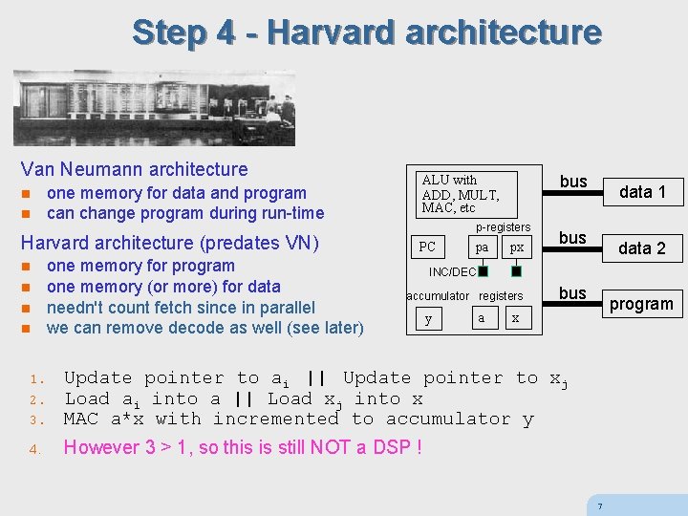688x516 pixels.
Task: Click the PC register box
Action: pyautogui.click(x=427, y=247)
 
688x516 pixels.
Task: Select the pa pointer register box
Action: pyautogui.click(x=483, y=247)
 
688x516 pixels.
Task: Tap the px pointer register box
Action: pyautogui.click(x=516, y=247)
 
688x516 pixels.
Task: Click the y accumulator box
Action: pyautogui.click(x=428, y=318)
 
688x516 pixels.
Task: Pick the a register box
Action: pyautogui.click(x=481, y=317)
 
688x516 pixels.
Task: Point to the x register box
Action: pyautogui.click(x=515, y=317)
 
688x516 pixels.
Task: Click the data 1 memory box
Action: pyautogui.click(x=642, y=192)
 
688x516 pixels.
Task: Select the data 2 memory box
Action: pyautogui.click(x=642, y=248)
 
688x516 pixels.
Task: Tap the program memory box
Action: pyautogui.click(x=641, y=304)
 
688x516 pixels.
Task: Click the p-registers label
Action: pyautogui.click(x=503, y=226)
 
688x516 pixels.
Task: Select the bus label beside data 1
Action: pyautogui.click(x=573, y=182)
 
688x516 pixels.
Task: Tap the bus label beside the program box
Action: pyautogui.click(x=572, y=292)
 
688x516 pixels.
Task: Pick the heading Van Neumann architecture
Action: pyautogui.click(x=134, y=169)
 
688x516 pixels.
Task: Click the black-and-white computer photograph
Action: pyautogui.click(x=154, y=107)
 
